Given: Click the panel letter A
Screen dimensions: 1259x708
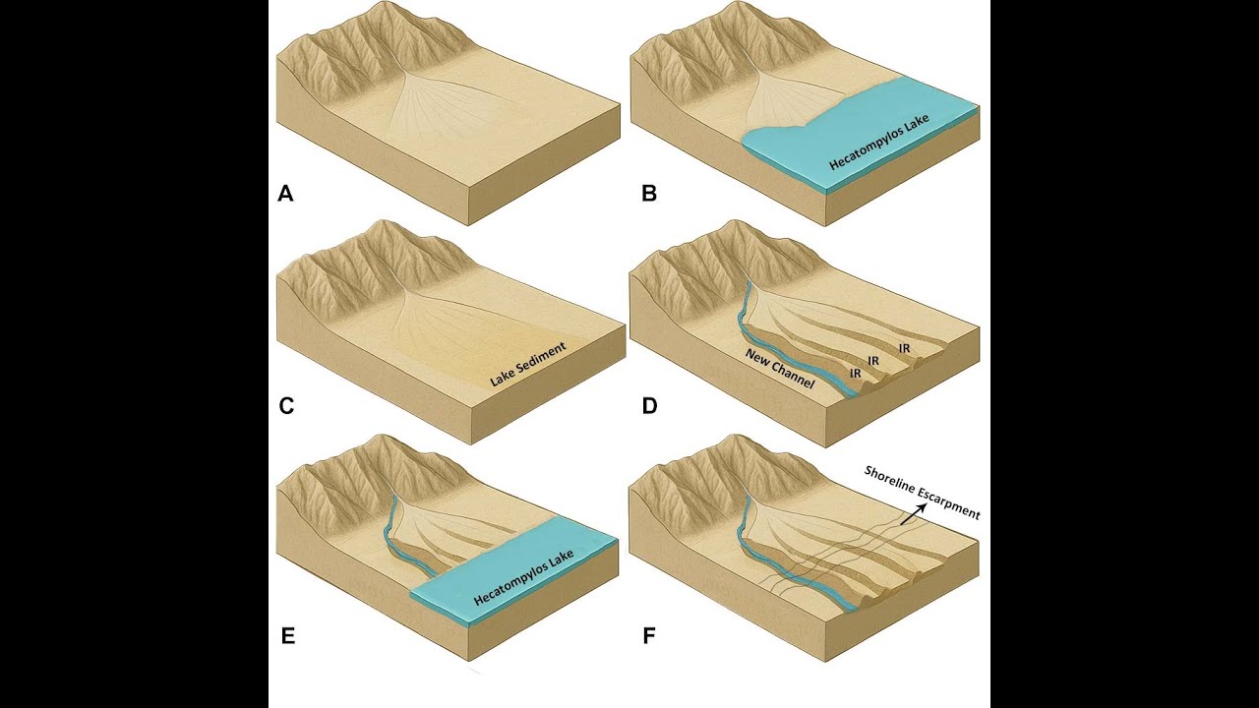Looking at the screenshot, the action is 285,194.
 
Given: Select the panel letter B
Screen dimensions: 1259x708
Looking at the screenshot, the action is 649,194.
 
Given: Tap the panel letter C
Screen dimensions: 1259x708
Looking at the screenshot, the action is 286,406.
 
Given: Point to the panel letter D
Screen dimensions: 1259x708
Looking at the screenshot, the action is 649,406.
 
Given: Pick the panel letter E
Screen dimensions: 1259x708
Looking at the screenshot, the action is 287,636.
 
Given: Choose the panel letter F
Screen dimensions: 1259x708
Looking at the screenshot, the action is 648,636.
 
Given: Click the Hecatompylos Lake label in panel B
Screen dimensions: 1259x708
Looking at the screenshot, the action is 879,143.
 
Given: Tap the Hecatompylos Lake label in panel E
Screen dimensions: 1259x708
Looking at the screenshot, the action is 523,577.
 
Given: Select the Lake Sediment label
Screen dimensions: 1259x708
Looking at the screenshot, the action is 527,365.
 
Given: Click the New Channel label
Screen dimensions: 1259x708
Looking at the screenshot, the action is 780,369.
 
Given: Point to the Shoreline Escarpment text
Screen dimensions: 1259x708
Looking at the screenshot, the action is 922,493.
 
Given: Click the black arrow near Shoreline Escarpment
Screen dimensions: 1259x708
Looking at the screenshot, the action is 912,514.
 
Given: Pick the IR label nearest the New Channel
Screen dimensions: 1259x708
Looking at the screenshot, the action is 856,373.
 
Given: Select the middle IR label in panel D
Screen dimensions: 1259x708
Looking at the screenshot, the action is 873,360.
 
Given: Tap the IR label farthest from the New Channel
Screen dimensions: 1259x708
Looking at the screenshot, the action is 904,348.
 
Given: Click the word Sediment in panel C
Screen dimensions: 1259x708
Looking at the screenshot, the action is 541,357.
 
